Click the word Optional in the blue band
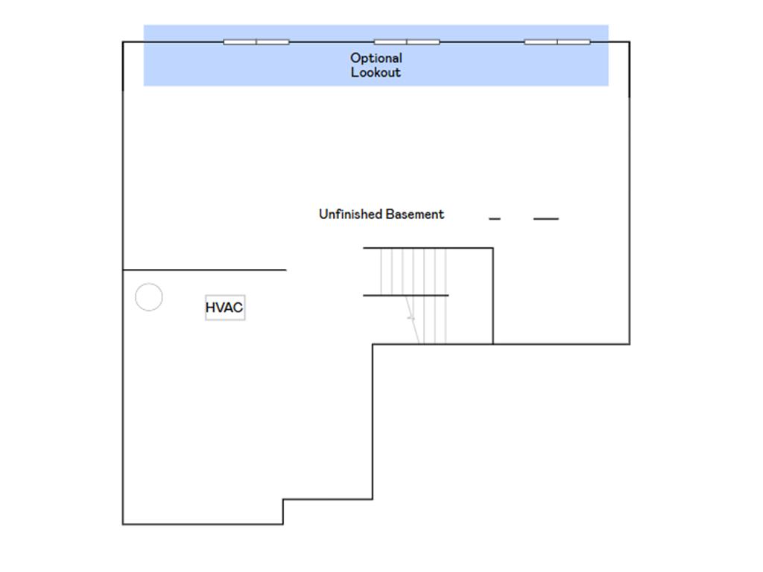[x=376, y=58]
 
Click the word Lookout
[x=376, y=72]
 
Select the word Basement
[x=414, y=214]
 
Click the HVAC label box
[x=225, y=308]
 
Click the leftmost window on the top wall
[x=256, y=42]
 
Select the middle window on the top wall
[x=407, y=42]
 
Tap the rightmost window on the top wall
[x=557, y=42]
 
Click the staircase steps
[x=414, y=296]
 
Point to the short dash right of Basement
[x=495, y=219]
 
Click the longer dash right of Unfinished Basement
[x=546, y=219]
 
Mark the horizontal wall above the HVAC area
[x=204, y=270]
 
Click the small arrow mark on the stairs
[x=411, y=318]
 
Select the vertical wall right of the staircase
[x=493, y=296]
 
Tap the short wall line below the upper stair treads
[x=406, y=295]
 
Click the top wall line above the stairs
[x=428, y=248]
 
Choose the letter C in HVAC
[x=238, y=308]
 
